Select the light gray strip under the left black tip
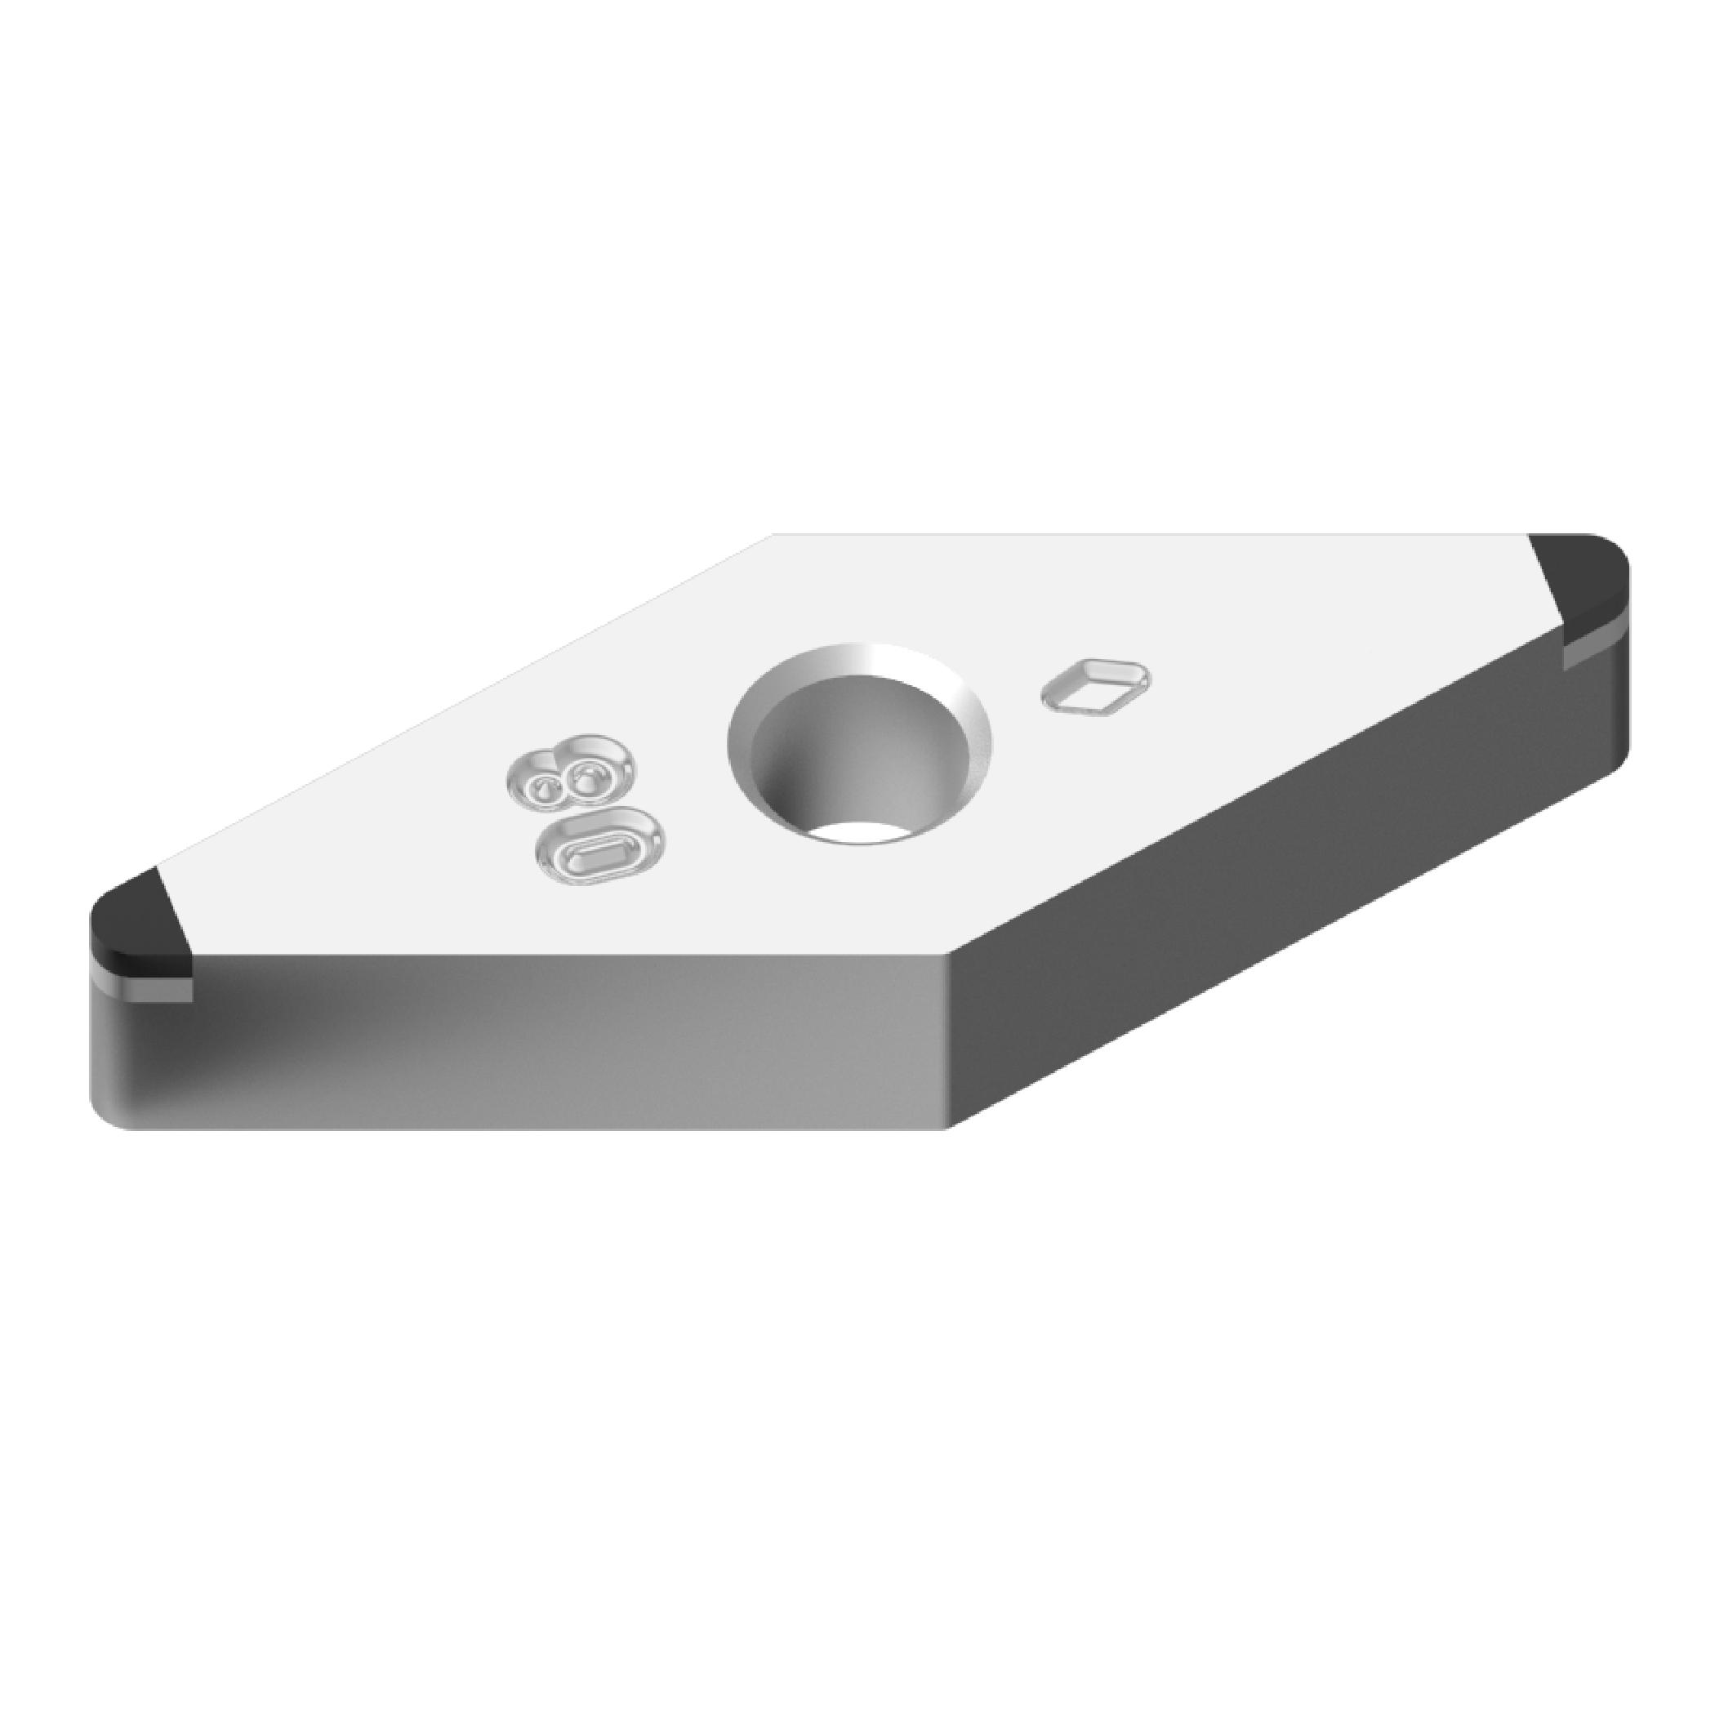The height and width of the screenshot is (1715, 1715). coord(142,990)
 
